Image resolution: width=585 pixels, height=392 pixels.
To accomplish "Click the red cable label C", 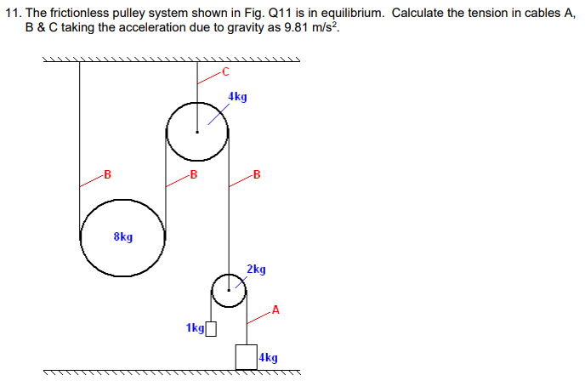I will pyautogui.click(x=224, y=71).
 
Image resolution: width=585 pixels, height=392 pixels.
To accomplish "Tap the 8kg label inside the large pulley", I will pyautogui.click(x=122, y=237).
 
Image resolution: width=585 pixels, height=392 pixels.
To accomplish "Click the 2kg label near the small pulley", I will pyautogui.click(x=256, y=270).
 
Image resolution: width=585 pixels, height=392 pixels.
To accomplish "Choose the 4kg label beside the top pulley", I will pyautogui.click(x=238, y=97).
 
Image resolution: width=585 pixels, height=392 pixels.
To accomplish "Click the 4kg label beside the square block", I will pyautogui.click(x=269, y=358).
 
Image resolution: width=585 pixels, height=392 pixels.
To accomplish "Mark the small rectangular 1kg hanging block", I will pyautogui.click(x=212, y=328).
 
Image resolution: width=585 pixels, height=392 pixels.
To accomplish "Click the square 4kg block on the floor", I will pyautogui.click(x=247, y=357).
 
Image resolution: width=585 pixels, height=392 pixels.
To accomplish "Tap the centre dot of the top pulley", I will pyautogui.click(x=197, y=132).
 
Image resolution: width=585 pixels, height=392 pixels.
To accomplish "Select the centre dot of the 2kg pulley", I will pyautogui.click(x=228, y=291).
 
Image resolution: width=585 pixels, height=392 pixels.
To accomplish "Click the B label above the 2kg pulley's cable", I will pyautogui.click(x=257, y=176).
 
